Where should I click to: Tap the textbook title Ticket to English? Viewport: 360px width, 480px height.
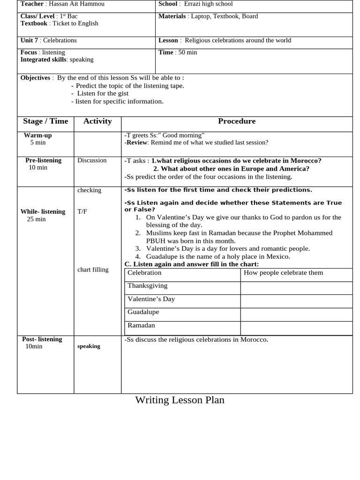75,23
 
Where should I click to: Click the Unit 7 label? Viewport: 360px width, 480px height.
30,40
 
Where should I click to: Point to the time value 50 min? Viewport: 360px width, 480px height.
187,52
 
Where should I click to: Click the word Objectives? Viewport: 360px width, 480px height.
35,78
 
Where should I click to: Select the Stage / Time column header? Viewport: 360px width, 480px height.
45,121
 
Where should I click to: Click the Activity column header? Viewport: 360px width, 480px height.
97,121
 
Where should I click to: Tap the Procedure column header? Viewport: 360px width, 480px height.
237,121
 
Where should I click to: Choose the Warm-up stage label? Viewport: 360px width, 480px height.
38,135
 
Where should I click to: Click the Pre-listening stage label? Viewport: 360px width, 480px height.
43,160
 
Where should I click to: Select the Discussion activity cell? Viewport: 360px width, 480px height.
92,160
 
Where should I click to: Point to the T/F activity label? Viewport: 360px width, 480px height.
82,211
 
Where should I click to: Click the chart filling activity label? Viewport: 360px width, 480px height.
93,270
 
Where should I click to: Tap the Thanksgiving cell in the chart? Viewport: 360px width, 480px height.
147,285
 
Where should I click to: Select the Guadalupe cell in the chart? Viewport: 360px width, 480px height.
143,312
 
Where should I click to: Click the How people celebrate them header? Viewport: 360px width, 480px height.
284,273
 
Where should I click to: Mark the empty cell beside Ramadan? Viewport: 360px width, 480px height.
296,328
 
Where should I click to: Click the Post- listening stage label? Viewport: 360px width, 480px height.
42,339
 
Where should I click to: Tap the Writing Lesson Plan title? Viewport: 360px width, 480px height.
180,400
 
